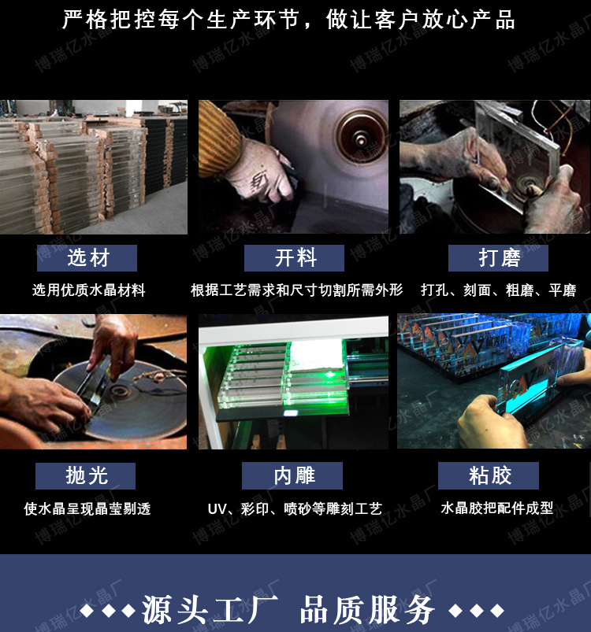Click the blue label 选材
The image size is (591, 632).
(x=87, y=258)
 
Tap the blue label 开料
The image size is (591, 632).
(x=294, y=258)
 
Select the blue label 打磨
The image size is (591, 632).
(x=497, y=258)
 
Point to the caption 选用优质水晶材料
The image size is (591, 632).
(x=89, y=290)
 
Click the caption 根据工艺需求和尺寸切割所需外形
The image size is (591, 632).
(x=296, y=290)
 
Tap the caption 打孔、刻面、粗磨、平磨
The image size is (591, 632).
(x=498, y=290)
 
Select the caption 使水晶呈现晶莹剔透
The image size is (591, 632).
(x=87, y=509)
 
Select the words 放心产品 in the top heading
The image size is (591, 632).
(x=472, y=20)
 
